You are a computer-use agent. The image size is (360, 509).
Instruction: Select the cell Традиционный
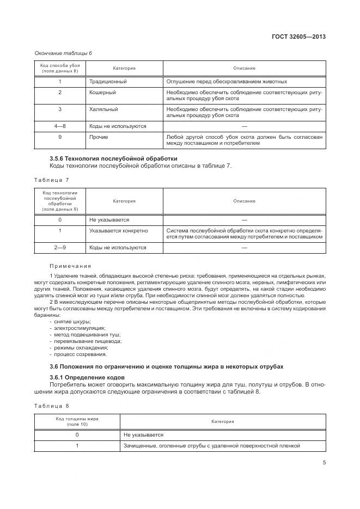point(108,82)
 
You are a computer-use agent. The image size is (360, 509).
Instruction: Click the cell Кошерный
point(102,93)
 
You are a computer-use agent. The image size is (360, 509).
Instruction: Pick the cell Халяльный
point(103,109)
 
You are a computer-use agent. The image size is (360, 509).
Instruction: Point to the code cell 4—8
point(60,126)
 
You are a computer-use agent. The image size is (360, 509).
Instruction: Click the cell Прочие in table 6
point(99,137)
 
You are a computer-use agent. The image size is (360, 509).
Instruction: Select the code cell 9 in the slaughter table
point(60,137)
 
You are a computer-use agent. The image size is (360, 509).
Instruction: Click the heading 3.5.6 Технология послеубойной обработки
point(113,158)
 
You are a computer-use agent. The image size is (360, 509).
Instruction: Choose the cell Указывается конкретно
point(118,231)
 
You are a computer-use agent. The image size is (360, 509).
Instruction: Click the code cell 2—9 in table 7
point(60,247)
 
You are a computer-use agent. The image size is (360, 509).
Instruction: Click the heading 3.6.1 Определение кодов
point(87,377)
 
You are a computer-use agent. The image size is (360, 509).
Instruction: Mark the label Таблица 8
point(51,406)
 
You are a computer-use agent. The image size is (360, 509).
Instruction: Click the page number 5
point(324,463)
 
